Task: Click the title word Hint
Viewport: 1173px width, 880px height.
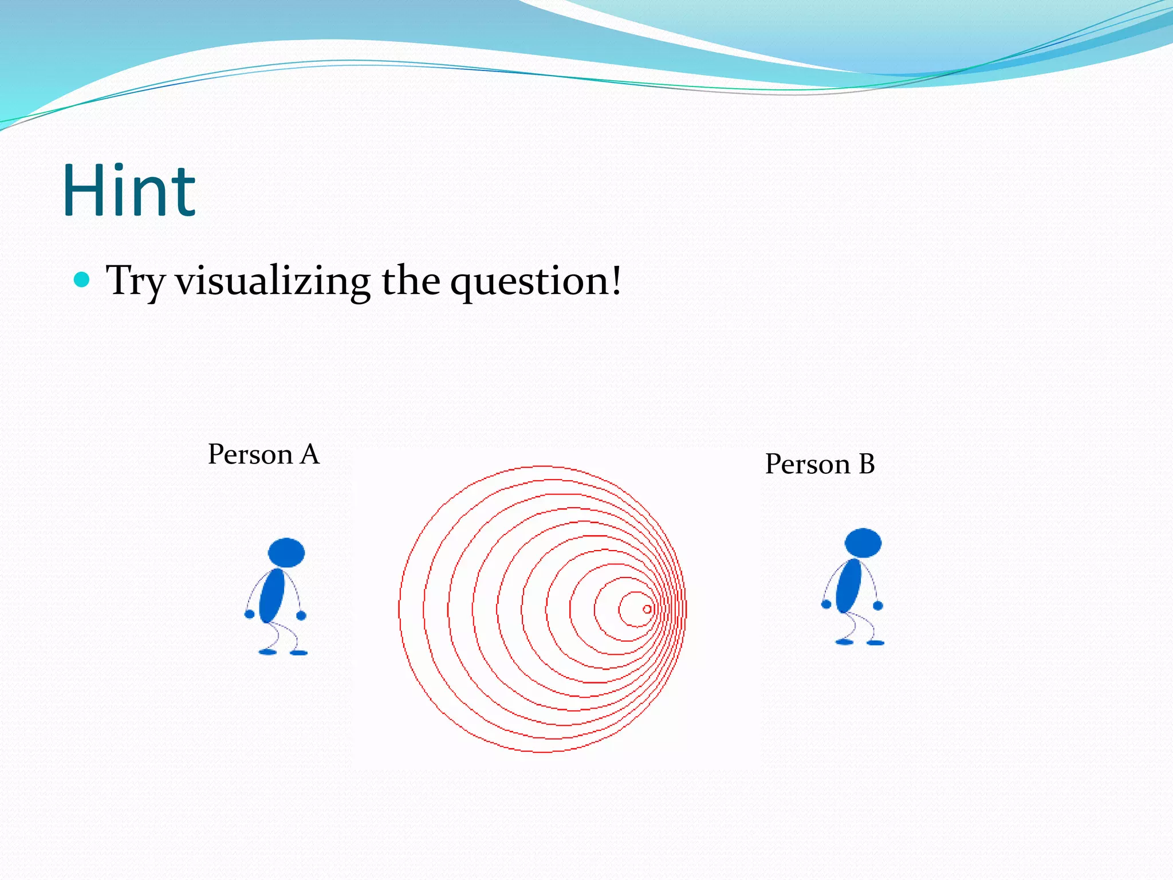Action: (x=129, y=190)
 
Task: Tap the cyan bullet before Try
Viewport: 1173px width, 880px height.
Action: (x=82, y=280)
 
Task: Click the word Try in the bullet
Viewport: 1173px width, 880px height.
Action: (x=135, y=281)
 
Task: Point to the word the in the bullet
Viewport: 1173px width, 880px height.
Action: (x=411, y=281)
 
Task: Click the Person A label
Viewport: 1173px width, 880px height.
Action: (x=263, y=454)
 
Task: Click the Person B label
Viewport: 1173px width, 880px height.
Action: (x=820, y=464)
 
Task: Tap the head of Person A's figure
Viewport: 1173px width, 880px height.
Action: (x=286, y=553)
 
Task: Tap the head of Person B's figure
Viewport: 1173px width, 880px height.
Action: (x=863, y=543)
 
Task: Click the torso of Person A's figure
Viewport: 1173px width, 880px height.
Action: (x=272, y=596)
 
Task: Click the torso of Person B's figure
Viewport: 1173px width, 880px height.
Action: (x=849, y=586)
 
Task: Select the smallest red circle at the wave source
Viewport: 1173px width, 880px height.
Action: (x=647, y=609)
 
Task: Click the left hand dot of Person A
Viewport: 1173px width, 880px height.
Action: (x=250, y=614)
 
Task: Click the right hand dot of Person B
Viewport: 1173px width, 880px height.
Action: (x=878, y=606)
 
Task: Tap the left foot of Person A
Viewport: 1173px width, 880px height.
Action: (x=267, y=652)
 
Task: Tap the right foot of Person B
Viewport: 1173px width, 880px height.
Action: (x=875, y=643)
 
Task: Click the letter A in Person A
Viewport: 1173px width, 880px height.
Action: (x=309, y=454)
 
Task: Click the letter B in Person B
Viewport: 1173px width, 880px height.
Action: (x=867, y=464)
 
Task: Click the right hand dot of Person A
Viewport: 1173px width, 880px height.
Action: (x=301, y=616)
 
